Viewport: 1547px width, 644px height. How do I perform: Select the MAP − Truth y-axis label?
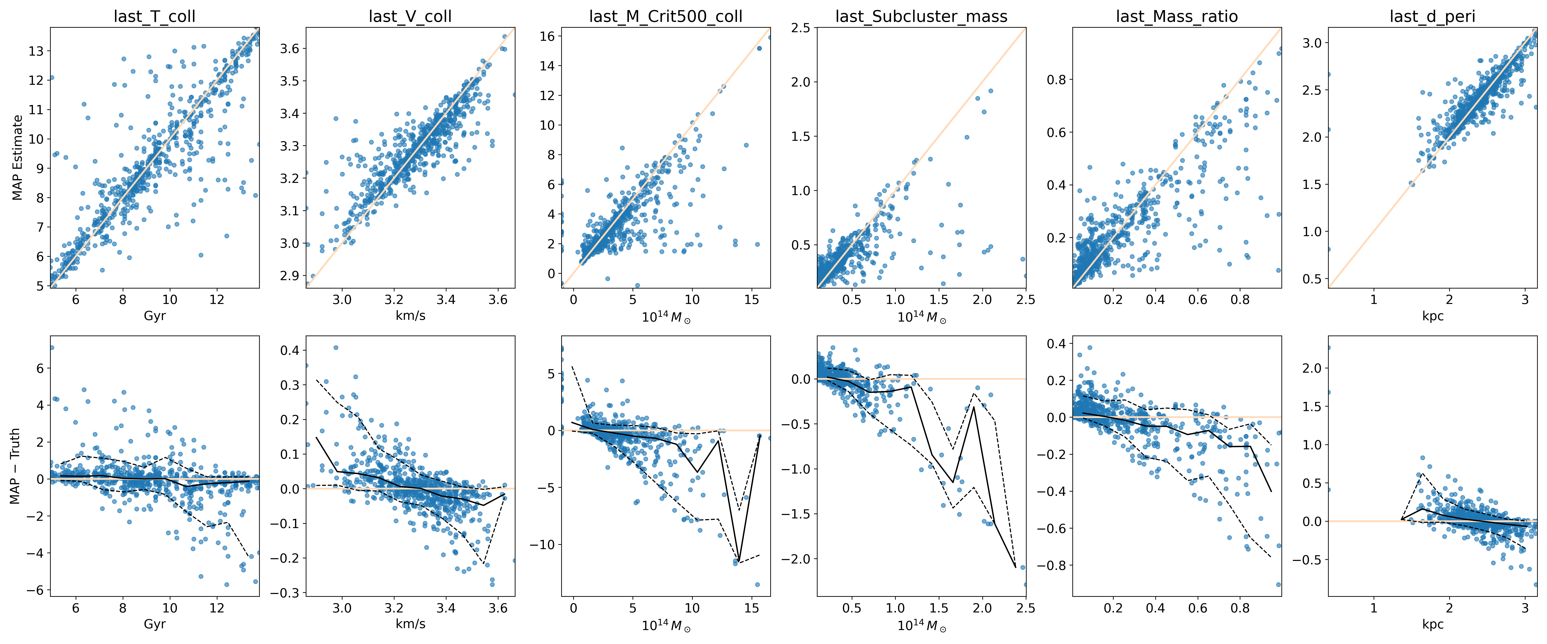[x=15, y=466]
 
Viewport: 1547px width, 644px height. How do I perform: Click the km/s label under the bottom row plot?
[x=410, y=624]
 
